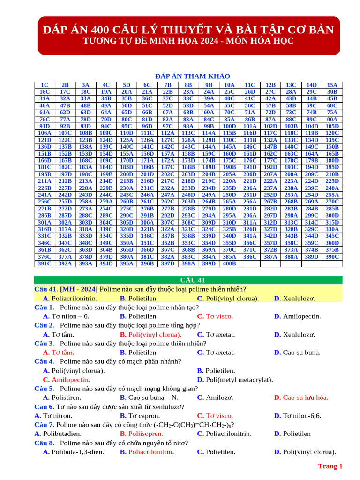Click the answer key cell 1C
[x=45, y=85]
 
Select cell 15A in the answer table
[x=332, y=85]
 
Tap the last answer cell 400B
[x=229, y=263]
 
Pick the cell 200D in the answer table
[x=127, y=174]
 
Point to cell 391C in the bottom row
[x=45, y=263]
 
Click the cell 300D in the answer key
[x=332, y=215]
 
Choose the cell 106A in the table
[x=45, y=133]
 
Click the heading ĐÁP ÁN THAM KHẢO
[x=192, y=76]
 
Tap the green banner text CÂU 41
[x=193, y=280]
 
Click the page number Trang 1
[x=330, y=466]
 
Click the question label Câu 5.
[x=45, y=389]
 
